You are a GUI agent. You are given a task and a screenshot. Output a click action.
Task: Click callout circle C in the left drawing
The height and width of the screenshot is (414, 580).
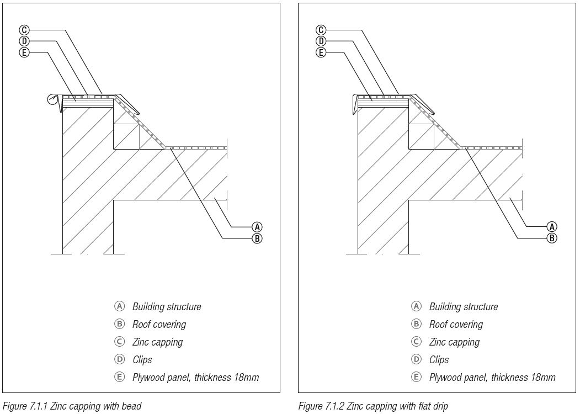(x=24, y=30)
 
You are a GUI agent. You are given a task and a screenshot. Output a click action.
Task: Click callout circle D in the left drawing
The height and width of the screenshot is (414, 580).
(x=24, y=41)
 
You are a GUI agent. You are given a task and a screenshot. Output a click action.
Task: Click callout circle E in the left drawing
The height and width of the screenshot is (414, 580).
(x=24, y=52)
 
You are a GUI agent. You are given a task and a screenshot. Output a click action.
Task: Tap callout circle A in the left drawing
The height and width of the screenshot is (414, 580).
(x=257, y=227)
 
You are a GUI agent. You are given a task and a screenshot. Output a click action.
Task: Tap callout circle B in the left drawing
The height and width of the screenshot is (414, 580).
(x=257, y=238)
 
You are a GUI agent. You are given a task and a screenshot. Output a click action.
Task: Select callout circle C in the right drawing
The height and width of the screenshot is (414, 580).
(x=321, y=30)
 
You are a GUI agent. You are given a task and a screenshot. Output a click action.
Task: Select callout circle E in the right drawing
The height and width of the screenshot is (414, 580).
(x=321, y=52)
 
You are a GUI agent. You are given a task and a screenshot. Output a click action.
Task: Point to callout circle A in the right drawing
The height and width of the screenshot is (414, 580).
(x=551, y=227)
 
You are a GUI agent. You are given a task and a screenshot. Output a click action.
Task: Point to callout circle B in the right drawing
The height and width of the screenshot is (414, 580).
(x=551, y=238)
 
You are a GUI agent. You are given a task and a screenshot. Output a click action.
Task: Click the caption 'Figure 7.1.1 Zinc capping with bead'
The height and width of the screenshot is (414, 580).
(x=72, y=406)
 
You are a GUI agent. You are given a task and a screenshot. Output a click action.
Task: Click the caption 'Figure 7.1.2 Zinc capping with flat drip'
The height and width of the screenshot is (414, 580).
(x=373, y=406)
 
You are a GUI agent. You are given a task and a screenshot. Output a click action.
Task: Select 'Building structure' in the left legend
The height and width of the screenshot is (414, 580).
(x=167, y=307)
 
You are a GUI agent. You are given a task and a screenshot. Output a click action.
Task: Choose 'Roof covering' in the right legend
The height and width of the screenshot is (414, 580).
(x=456, y=325)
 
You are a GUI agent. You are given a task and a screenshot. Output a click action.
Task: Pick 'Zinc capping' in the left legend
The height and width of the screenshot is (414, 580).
(x=158, y=342)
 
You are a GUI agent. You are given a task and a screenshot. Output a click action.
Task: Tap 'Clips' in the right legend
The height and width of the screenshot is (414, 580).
(x=439, y=359)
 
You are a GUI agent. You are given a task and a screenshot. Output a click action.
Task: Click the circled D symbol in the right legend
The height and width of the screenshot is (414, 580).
(x=416, y=359)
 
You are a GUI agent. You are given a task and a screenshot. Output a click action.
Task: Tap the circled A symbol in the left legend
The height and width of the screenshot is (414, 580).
(x=119, y=306)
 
